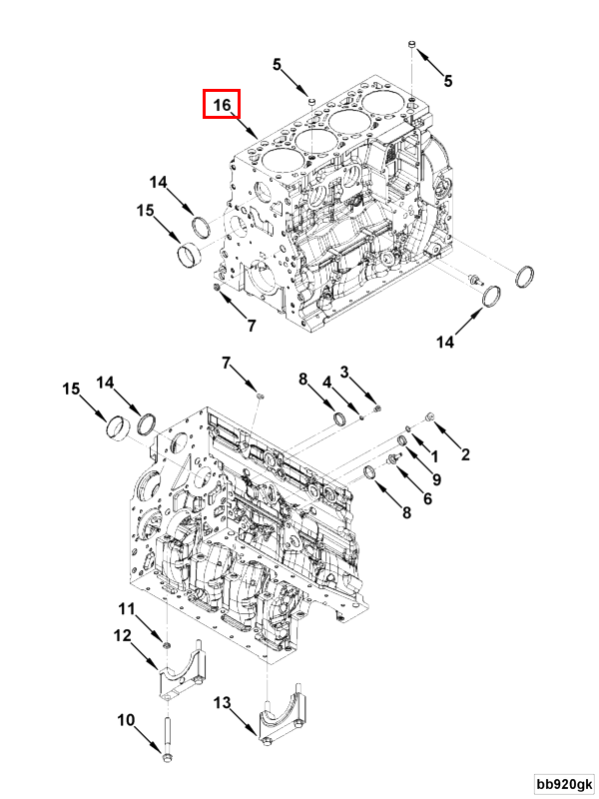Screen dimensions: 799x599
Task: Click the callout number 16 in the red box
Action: click(222, 104)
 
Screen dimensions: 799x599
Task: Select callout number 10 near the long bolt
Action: click(127, 719)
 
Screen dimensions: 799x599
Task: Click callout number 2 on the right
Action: click(464, 454)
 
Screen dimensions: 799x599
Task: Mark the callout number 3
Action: click(344, 373)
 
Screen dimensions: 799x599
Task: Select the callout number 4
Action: click(325, 381)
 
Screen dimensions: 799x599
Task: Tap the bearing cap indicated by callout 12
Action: click(180, 681)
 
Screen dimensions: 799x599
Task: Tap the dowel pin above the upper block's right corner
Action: click(412, 44)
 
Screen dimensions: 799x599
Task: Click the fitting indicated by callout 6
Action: click(391, 456)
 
